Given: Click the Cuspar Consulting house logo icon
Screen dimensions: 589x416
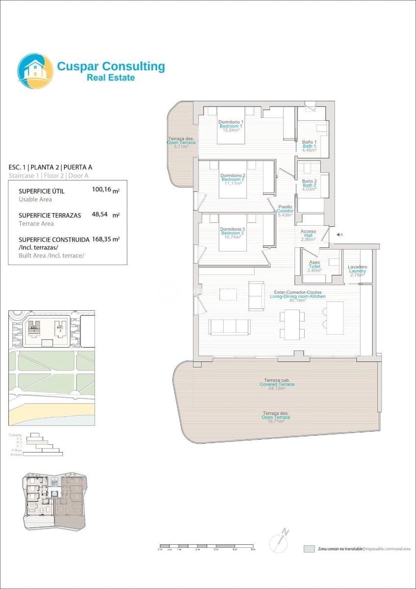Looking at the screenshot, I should click(35, 71).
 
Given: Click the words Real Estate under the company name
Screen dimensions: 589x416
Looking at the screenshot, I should click(110, 78).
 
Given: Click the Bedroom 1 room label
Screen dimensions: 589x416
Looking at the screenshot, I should click(231, 126).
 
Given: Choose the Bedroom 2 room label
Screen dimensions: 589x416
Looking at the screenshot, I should click(233, 179).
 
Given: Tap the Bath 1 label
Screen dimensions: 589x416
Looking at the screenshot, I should click(309, 146).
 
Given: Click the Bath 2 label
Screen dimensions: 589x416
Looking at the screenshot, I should click(309, 185).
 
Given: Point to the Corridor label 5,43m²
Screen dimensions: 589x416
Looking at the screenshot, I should click(285, 211).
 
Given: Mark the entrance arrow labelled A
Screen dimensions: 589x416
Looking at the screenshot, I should click(338, 235).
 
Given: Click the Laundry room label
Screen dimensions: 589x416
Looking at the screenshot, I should click(357, 271).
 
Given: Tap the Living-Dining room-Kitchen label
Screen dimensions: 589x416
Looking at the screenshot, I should click(298, 296).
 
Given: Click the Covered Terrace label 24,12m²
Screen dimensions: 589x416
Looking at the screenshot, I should click(277, 384).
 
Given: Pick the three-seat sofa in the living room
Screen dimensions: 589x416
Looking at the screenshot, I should click(229, 327).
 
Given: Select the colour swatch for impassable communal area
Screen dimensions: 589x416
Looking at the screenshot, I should click(309, 549).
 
